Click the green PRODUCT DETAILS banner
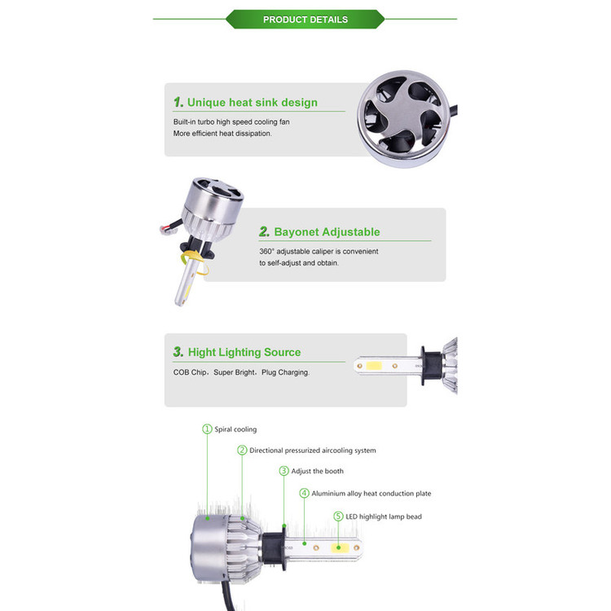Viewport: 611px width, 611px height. pos(305,19)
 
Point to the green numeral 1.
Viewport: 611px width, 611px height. pos(178,102)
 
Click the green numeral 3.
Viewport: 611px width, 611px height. pos(178,352)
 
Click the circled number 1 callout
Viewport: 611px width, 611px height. pos(207,429)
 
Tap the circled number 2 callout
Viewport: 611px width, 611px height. pos(242,450)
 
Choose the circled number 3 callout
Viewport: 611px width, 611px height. pos(284,471)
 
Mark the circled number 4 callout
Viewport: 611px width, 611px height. pos(304,493)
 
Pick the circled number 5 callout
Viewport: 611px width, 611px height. pos(338,516)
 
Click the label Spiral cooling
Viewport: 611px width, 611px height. pos(235,429)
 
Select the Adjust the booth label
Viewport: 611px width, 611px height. pos(318,471)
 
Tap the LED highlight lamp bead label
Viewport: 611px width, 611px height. pos(384,516)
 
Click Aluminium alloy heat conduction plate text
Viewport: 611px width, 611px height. pos(371,494)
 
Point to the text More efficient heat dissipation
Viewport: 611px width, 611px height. pos(222,134)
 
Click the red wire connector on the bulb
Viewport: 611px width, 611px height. pos(168,229)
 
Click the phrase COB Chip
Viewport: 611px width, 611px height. pos(190,372)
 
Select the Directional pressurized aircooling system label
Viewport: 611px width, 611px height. pos(313,451)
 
